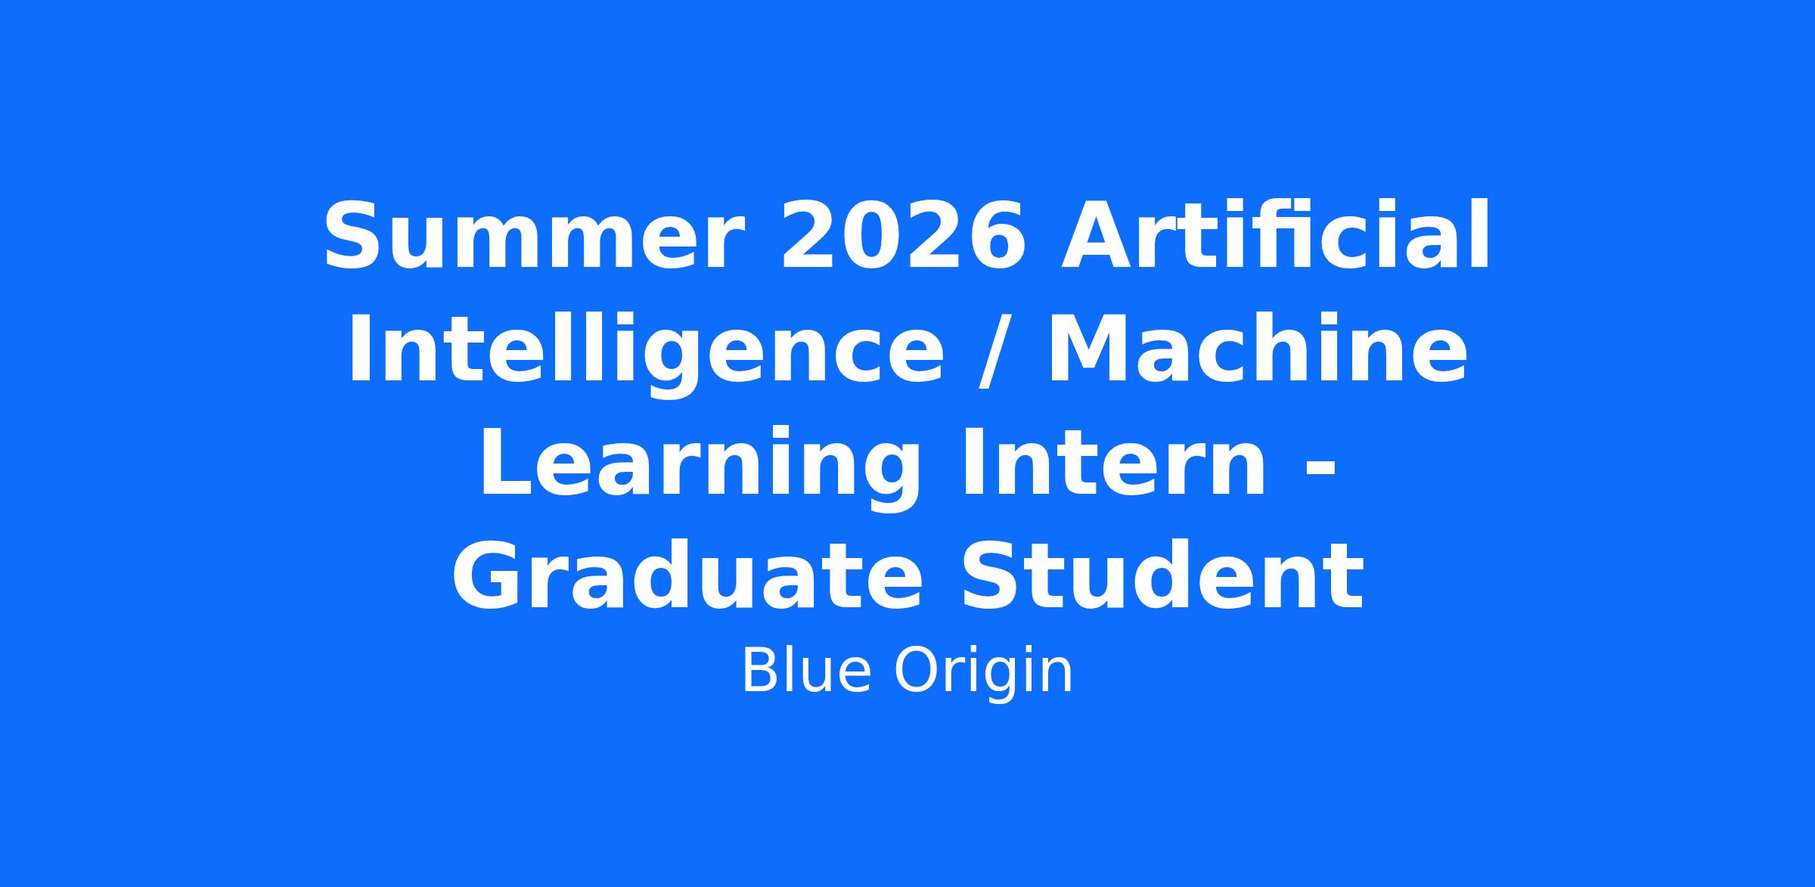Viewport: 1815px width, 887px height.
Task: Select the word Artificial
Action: coord(1276,234)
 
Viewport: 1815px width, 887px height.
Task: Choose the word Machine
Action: coord(1257,349)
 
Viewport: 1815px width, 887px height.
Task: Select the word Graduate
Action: coord(687,576)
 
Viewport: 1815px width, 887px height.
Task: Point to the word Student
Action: coord(1163,576)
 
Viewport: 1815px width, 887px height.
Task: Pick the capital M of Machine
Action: coord(1087,350)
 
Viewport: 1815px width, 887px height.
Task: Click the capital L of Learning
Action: coord(505,462)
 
